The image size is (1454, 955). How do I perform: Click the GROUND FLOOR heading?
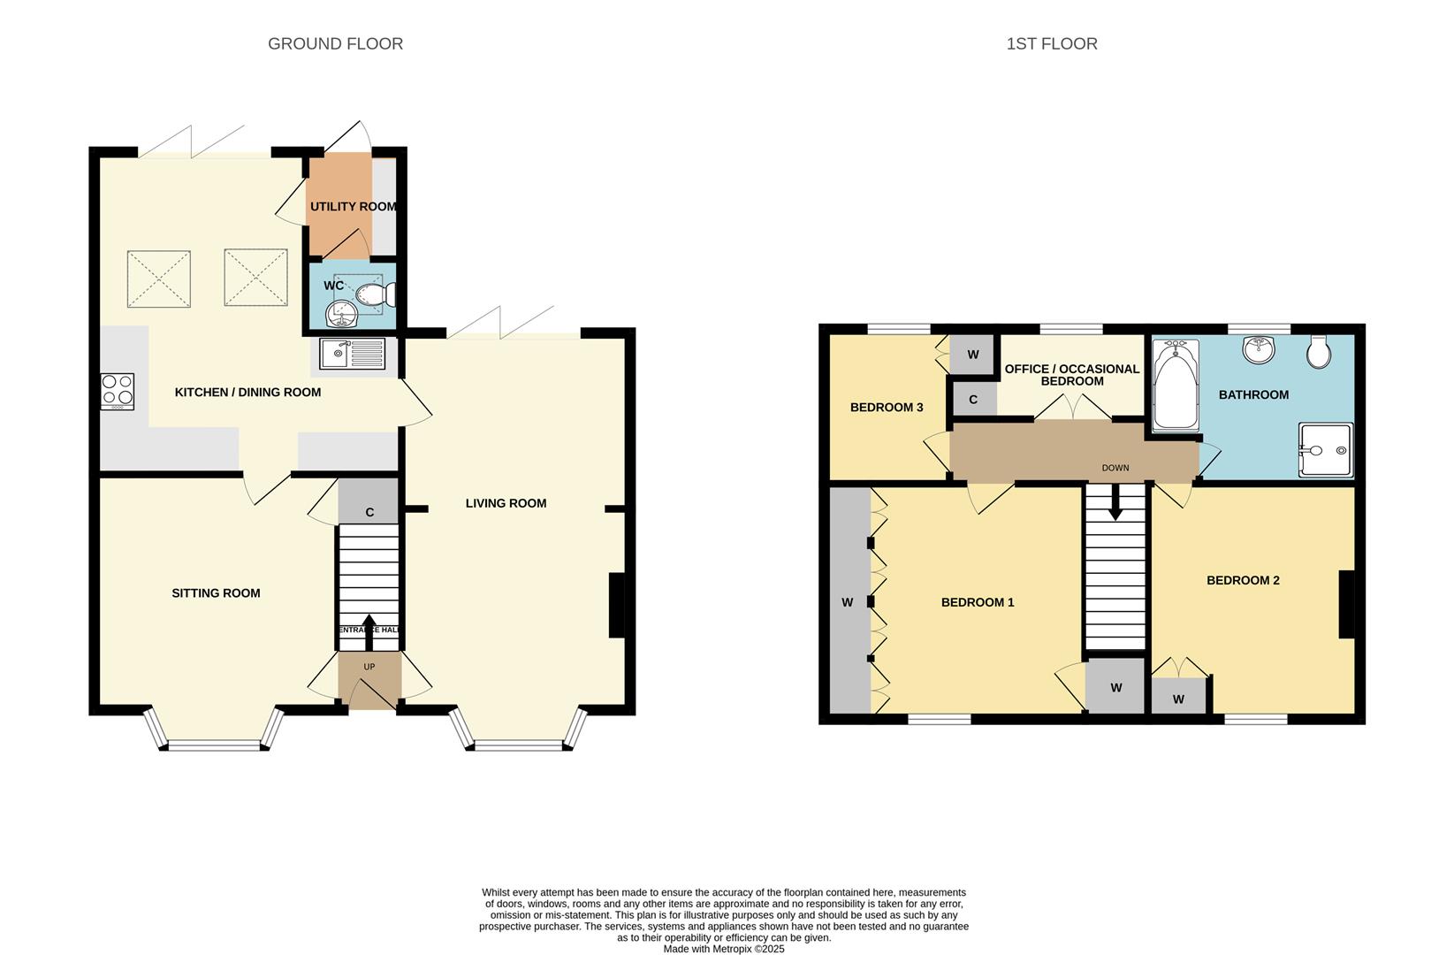[335, 43]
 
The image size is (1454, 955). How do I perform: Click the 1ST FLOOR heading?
[1052, 43]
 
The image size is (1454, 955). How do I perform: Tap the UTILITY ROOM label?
[353, 207]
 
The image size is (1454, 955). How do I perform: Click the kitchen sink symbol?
[353, 354]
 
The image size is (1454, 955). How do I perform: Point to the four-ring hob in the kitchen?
[118, 392]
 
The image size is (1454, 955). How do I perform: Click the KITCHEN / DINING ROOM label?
[247, 392]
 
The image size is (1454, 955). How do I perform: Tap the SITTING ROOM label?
[216, 593]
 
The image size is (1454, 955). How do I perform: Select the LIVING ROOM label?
[506, 503]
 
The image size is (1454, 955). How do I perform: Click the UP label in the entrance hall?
[369, 667]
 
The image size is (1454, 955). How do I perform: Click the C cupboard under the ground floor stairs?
[369, 512]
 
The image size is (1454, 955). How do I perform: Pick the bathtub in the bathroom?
[1176, 387]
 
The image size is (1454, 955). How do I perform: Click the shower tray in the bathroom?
[1325, 450]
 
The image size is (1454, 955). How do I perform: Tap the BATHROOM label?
[1253, 394]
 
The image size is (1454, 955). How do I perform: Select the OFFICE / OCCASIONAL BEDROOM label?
[1072, 375]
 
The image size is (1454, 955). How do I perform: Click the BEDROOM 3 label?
[887, 408]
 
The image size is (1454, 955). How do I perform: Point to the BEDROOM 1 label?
[978, 602]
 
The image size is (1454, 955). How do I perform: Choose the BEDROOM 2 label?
[1243, 580]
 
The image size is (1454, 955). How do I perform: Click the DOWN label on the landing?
[1115, 468]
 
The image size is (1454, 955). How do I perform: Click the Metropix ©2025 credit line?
[724, 949]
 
